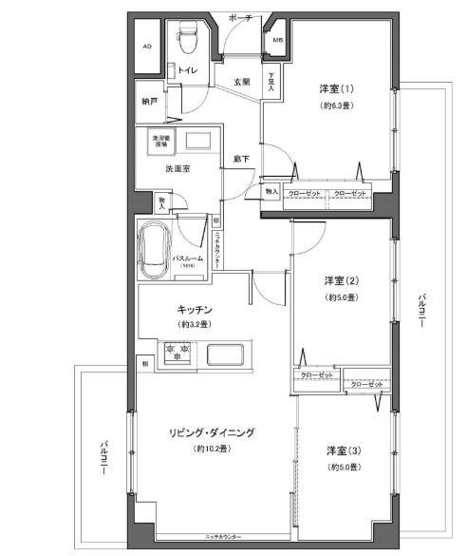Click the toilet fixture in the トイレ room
pos(186,40)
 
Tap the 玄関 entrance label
pos(242,82)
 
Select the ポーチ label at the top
pos(240,16)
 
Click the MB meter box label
pos(277,41)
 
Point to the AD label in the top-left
pos(147,46)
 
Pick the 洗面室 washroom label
pos(178,168)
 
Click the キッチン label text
pos(193,310)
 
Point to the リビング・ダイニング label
pos(211,432)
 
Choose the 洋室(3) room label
pos(341,451)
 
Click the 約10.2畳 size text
pos(211,449)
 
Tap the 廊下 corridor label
pos(241,160)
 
